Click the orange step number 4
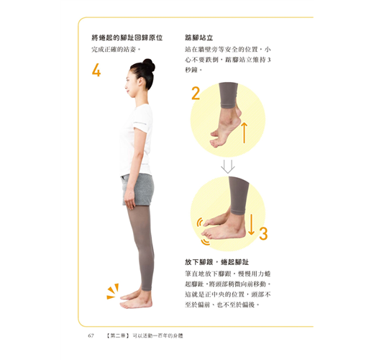[96, 70]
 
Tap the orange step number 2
[196, 94]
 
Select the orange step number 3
[263, 233]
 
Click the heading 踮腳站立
[199, 37]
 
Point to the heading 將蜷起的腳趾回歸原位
[127, 37]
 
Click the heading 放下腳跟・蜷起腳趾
[216, 262]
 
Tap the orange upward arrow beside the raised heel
[244, 132]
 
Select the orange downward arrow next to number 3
[251, 225]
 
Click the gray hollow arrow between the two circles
[227, 166]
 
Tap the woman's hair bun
[149, 65]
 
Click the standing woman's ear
[140, 81]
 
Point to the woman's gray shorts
[137, 189]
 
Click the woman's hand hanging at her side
[129, 200]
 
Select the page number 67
[91, 336]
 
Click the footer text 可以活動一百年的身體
[158, 336]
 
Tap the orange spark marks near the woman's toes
[113, 292]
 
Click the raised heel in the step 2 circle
[237, 113]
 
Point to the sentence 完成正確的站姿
[116, 50]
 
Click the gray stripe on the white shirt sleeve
[140, 123]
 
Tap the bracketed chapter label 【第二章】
[118, 336]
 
